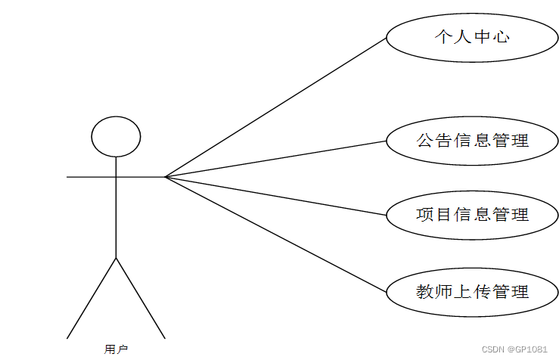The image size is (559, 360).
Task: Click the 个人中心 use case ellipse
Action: [472, 36]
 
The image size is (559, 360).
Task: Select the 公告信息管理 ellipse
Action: [472, 140]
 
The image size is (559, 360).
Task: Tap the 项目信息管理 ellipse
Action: [472, 215]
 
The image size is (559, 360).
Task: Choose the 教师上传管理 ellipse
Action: [472, 291]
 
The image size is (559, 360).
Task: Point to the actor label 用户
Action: [116, 349]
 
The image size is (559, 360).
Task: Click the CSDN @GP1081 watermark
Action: [514, 349]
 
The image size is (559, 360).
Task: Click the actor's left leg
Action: [92, 297]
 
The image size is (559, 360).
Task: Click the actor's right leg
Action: [140, 297]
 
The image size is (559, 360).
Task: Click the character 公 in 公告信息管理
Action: [424, 140]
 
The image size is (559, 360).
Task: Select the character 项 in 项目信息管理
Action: [424, 215]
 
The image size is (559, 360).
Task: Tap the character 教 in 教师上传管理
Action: [424, 291]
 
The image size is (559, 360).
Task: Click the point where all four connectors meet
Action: [166, 177]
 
